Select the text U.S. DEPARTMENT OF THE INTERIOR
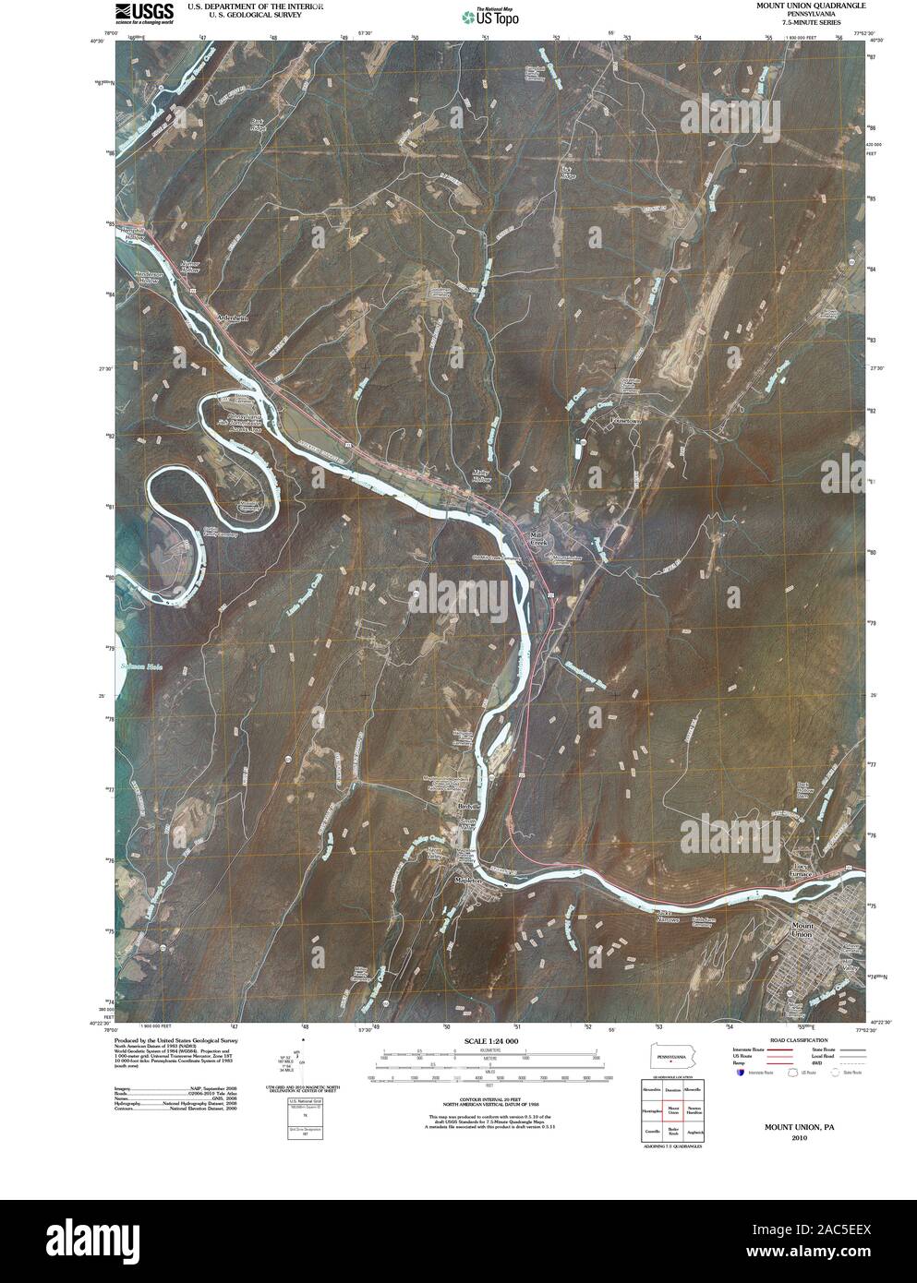256,6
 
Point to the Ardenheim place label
233,318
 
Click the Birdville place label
471,806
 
